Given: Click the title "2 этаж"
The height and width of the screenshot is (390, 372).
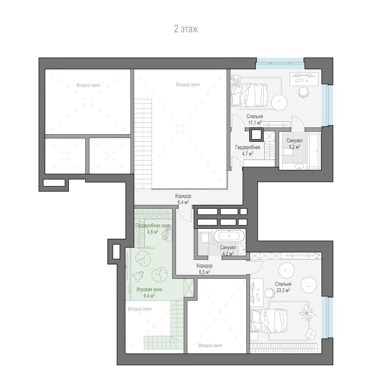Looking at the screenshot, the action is pyautogui.click(x=186, y=29).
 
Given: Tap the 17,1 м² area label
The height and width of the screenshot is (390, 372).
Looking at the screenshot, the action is pyautogui.click(x=255, y=122).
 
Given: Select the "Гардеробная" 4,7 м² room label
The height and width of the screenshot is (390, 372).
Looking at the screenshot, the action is pyautogui.click(x=248, y=147).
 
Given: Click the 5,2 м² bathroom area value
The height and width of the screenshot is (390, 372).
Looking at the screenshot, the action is pyautogui.click(x=295, y=146).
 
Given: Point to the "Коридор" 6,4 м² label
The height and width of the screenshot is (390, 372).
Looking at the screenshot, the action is pyautogui.click(x=183, y=196).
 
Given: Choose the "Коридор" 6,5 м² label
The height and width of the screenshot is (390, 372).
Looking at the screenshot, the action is pyautogui.click(x=204, y=266).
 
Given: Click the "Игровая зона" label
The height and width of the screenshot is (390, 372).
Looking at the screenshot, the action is pyautogui.click(x=149, y=289).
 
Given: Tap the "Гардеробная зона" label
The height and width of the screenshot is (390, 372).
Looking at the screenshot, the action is pyautogui.click(x=153, y=225).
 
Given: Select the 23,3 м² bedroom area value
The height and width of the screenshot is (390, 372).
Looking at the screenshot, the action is pyautogui.click(x=283, y=290).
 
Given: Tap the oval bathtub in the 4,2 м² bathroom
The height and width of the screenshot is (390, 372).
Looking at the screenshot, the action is pyautogui.click(x=229, y=236).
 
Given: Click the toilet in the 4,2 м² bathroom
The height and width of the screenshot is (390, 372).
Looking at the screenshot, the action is pyautogui.click(x=204, y=237).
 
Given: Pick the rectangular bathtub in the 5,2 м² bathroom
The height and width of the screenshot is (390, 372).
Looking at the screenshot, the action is pyautogui.click(x=314, y=151).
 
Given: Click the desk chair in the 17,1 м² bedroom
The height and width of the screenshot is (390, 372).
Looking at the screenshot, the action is pyautogui.click(x=303, y=92).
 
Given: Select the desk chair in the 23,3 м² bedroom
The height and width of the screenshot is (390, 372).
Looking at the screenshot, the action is pyautogui.click(x=270, y=293).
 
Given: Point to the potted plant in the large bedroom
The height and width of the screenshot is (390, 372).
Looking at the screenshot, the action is pyautogui.click(x=307, y=313).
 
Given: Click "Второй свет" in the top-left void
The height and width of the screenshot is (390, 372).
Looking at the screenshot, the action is pyautogui.click(x=88, y=85).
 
